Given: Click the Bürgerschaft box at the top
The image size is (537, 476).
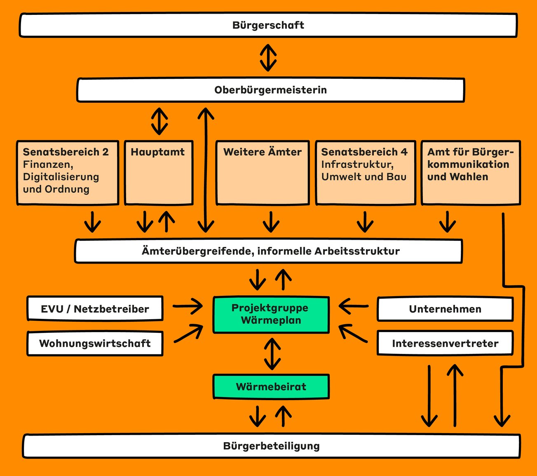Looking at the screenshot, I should [x=268, y=25].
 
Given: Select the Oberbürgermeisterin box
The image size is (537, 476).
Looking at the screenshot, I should [x=270, y=90].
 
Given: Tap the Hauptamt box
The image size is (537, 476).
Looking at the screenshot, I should [x=159, y=172].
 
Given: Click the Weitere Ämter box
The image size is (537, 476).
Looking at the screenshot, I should [x=263, y=172].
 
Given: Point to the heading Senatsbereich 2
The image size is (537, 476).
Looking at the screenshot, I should [x=66, y=152].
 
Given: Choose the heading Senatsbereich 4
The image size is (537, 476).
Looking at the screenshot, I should [x=364, y=152].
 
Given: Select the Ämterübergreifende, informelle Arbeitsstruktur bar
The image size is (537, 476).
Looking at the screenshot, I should [x=269, y=251].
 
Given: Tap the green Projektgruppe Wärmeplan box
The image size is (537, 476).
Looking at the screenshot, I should [x=271, y=314].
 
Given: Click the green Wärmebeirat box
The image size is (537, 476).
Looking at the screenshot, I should [x=271, y=386].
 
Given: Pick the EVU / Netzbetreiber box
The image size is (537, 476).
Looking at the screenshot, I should [x=95, y=309].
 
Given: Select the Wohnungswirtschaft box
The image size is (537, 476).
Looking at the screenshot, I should [x=95, y=343].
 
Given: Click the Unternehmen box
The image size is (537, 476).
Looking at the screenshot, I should [x=445, y=309].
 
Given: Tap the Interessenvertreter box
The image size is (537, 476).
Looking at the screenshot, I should [x=445, y=343].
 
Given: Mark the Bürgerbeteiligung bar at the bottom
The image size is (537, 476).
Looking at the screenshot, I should [x=271, y=446].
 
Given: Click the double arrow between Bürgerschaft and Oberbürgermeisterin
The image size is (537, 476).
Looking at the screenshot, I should [x=268, y=58].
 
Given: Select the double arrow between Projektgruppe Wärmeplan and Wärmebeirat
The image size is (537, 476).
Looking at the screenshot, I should [x=272, y=354].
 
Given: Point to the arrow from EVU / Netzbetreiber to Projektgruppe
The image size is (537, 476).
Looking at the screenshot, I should [x=188, y=306].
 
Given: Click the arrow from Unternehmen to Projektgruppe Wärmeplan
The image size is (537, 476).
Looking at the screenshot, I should [x=354, y=306].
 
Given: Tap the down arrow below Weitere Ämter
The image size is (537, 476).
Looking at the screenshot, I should [x=271, y=222].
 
